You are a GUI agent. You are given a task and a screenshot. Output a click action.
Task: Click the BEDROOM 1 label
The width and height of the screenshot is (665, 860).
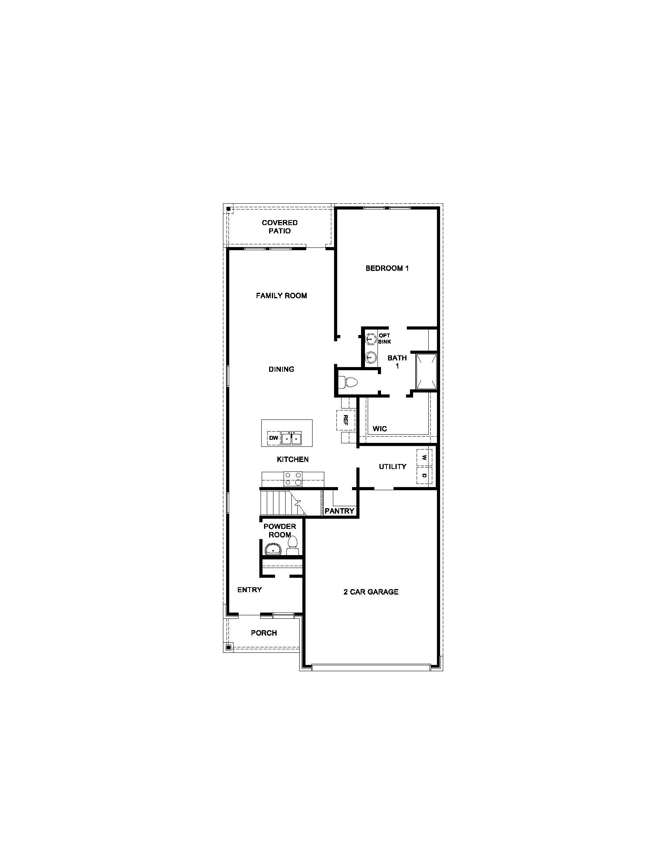coord(387,269)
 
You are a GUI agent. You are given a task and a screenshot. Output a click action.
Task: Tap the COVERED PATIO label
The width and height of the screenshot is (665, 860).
coord(280,227)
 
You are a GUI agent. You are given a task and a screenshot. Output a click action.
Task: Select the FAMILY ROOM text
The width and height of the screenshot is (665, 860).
coord(281,296)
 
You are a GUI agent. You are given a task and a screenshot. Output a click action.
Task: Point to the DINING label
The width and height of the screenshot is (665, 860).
coord(281,369)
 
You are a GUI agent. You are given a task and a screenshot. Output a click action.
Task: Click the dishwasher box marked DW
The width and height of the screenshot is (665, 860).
coord(274,438)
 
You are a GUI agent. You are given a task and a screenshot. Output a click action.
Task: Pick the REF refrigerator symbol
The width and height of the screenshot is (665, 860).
coord(346,420)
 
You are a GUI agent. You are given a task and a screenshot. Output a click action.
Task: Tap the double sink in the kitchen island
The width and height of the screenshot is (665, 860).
coord(291,438)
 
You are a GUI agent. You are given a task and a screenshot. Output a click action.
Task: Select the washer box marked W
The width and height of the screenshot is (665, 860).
coord(424,458)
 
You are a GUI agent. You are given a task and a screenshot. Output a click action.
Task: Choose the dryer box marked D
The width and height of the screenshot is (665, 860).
coord(424,476)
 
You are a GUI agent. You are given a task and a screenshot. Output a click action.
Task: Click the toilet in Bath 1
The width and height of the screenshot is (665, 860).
coord(348,382)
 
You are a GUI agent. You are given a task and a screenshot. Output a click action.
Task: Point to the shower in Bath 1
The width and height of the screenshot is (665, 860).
coord(427,371)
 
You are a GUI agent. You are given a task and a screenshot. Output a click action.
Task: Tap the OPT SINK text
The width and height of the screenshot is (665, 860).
coord(385,339)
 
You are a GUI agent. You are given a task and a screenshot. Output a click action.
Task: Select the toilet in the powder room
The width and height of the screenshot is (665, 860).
coord(293,546)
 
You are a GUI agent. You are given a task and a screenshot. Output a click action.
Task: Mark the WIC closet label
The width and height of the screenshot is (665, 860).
coord(380,429)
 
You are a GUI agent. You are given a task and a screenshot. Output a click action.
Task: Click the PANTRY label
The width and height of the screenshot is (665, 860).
coord(340,511)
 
